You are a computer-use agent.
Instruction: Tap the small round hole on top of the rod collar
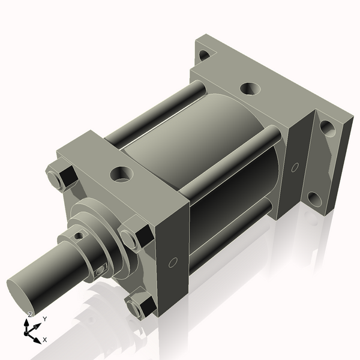[78, 236]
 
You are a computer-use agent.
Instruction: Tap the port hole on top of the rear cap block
[249, 89]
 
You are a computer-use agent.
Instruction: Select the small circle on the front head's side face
[173, 262]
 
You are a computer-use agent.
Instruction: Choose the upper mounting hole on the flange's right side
[326, 127]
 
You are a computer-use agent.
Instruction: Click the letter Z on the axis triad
[30, 315]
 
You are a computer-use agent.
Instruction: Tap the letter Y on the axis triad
[44, 319]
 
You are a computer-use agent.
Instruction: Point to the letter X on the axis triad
[44, 340]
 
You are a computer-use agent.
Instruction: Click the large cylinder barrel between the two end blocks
[198, 156]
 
